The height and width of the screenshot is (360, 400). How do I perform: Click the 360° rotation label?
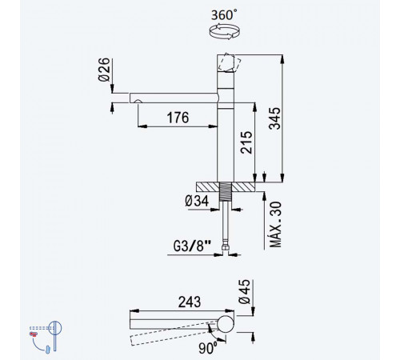pyautogui.click(x=224, y=15)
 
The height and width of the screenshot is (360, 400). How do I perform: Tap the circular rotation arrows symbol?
pyautogui.click(x=224, y=31)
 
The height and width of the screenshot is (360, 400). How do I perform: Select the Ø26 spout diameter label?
pyautogui.click(x=104, y=70)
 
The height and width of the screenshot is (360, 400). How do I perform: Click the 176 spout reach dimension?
pyautogui.click(x=178, y=118)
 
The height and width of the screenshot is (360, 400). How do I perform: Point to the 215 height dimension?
pyautogui.click(x=246, y=142)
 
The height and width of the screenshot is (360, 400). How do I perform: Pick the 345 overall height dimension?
pyautogui.click(x=274, y=118)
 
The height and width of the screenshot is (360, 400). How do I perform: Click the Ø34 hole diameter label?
pyautogui.click(x=197, y=201)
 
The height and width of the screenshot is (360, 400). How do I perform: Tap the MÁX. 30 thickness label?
pyautogui.click(x=275, y=225)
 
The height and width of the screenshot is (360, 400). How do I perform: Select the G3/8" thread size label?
pyautogui.click(x=192, y=246)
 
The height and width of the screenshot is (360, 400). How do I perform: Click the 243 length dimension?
pyautogui.click(x=190, y=302)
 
